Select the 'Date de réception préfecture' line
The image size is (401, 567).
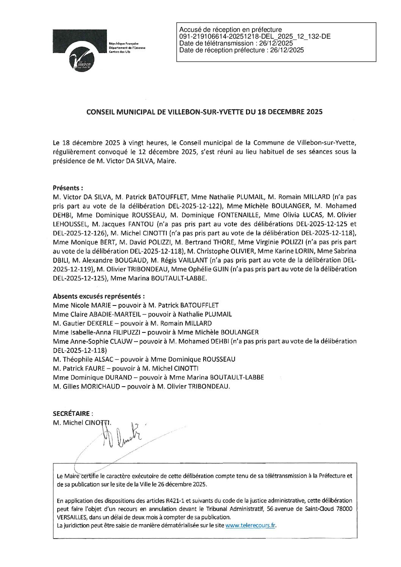241,50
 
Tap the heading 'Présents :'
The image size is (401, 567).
68,188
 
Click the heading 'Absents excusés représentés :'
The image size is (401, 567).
99,296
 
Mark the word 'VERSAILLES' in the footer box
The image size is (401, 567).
72,517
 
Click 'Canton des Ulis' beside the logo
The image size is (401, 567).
119,52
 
